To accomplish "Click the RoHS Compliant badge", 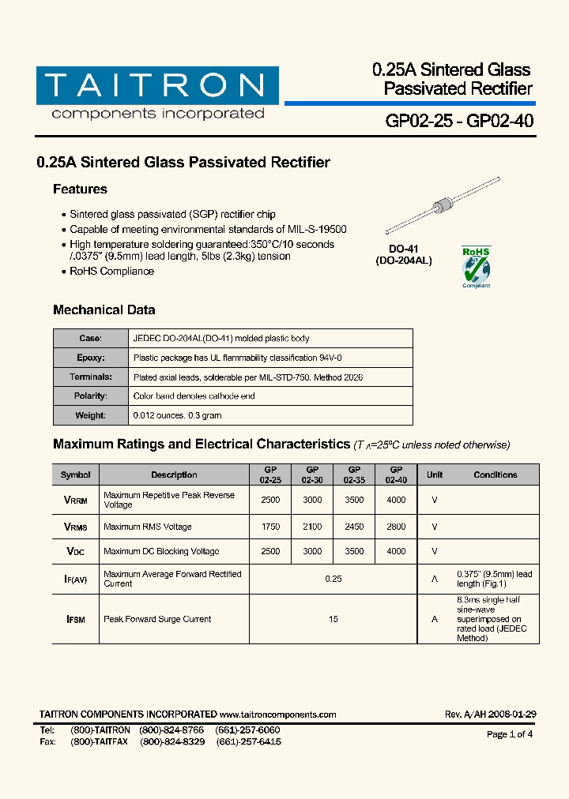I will (x=476, y=267).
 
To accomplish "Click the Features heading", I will (x=80, y=189).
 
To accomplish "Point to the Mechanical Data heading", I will (x=104, y=310).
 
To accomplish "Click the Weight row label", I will (x=90, y=415).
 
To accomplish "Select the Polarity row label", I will (x=90, y=396).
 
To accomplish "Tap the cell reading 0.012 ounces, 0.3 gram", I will (x=178, y=415).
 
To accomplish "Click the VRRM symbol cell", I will (x=76, y=500).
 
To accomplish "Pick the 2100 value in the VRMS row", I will (x=312, y=527).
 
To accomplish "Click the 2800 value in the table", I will (x=396, y=527).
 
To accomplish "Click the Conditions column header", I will (x=496, y=475).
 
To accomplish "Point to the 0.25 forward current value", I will (x=333, y=579).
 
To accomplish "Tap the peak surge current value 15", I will (x=333, y=619).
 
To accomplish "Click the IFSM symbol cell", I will (x=76, y=619).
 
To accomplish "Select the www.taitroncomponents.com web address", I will (x=278, y=715).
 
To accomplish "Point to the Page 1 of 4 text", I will (x=510, y=734).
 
